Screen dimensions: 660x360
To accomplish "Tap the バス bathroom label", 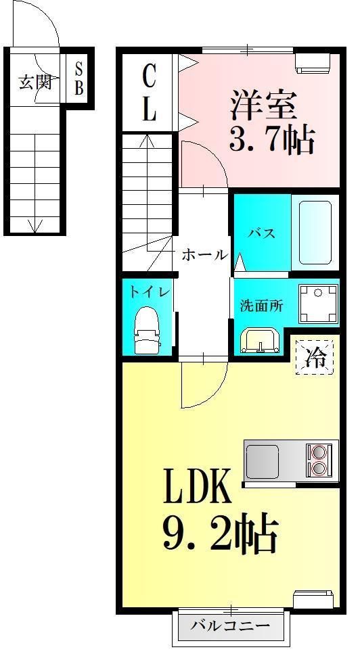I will tap(261, 234).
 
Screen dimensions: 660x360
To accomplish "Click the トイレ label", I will tap(150, 291).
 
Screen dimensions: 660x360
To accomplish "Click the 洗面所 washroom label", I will tap(261, 305).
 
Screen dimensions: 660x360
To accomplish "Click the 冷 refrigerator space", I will tap(315, 356).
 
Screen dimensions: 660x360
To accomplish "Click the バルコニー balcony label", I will tap(229, 626).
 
